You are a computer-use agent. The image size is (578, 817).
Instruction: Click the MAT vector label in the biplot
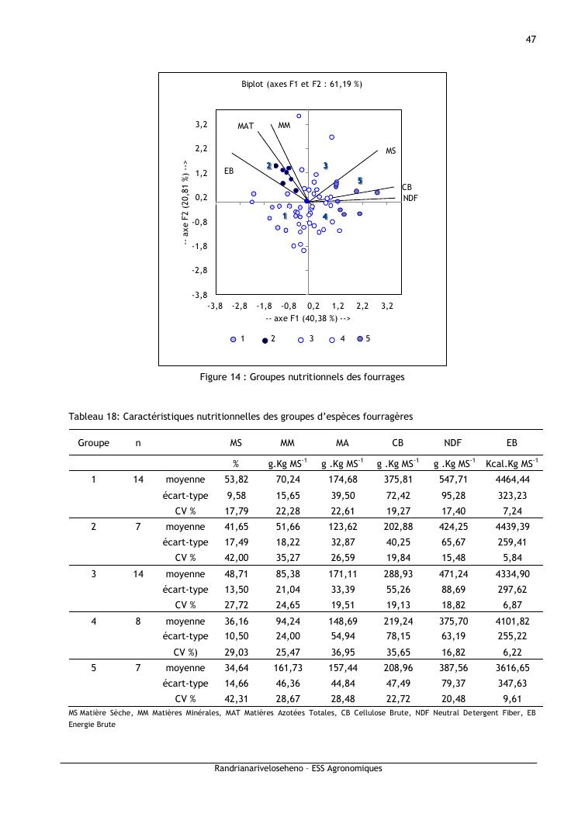tap(246, 126)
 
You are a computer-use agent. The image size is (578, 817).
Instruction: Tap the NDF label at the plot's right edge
tap(410, 199)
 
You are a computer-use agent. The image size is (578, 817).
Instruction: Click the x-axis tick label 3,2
tap(388, 306)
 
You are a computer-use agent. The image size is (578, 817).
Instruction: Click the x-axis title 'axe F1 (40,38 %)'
tap(308, 318)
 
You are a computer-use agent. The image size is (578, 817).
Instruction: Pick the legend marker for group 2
tap(265, 340)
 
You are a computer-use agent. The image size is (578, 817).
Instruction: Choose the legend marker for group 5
tap(360, 339)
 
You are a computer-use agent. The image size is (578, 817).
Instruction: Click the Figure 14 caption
tap(302, 377)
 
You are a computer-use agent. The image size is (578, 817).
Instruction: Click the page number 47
tap(531, 40)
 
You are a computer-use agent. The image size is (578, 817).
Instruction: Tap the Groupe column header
tap(93, 442)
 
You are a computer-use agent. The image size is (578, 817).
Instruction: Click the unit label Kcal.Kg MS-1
tap(511, 463)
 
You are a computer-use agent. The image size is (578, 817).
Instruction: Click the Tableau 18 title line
tap(241, 417)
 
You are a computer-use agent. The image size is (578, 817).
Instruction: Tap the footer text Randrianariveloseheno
tap(298, 769)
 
